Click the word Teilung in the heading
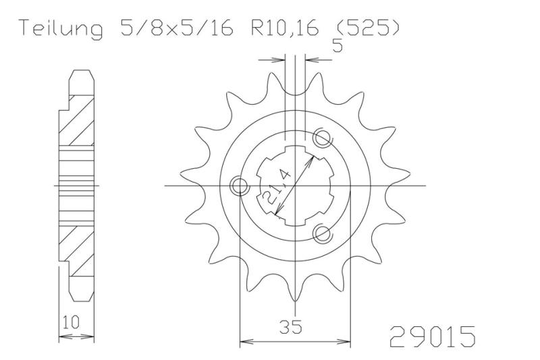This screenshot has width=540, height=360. [x=61, y=29]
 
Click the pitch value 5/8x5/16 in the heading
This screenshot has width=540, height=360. [x=176, y=28]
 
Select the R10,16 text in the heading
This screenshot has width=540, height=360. [x=284, y=28]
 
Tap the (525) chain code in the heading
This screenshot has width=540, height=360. [x=367, y=28]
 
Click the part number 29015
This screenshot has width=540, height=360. [x=433, y=336]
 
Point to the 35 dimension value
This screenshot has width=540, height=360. [x=291, y=327]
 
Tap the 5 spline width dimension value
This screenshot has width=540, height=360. [x=337, y=45]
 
